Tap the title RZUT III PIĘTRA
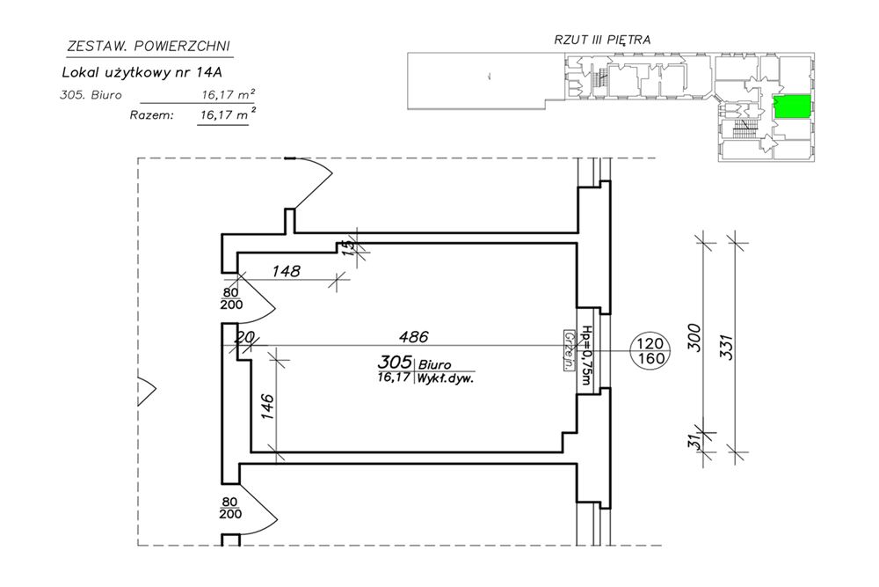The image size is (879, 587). pyautogui.click(x=602, y=40)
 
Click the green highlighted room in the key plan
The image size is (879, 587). pyautogui.click(x=792, y=106)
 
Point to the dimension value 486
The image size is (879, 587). pyautogui.click(x=413, y=336)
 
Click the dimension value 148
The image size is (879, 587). pyautogui.click(x=286, y=272)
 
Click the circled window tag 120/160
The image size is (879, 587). pyautogui.click(x=651, y=351)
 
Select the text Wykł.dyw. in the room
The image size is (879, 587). pyautogui.click(x=447, y=380)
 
